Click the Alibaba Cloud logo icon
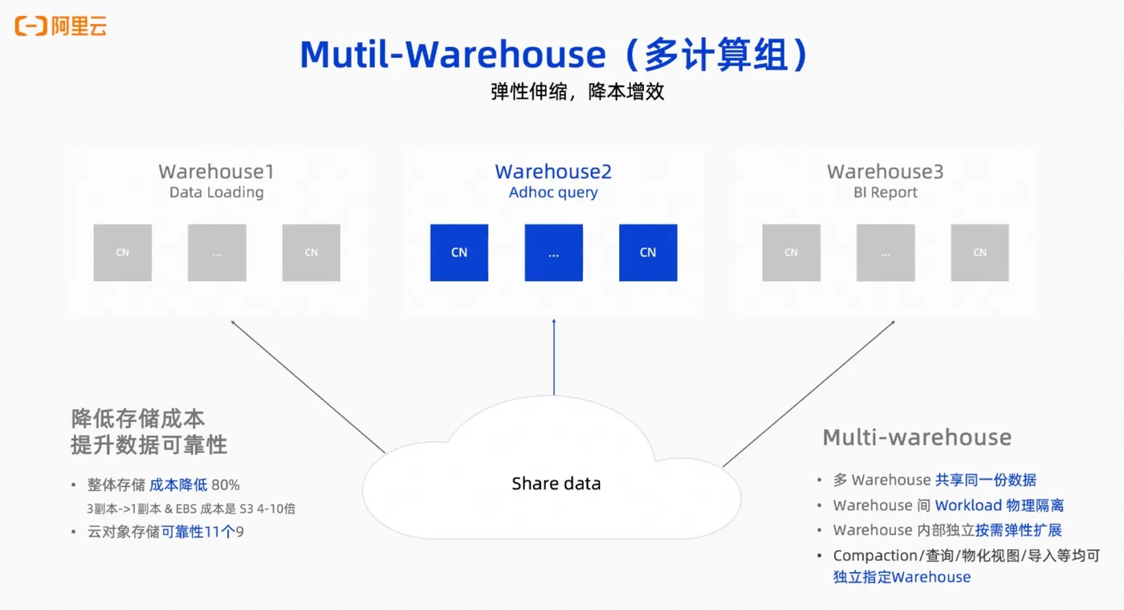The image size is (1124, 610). pos(31,27)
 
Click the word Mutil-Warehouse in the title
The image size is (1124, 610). pos(453,55)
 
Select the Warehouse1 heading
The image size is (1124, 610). pos(216,171)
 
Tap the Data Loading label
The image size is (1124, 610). pos(216,192)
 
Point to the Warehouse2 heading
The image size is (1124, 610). pos(553,171)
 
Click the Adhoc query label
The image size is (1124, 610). pos(553,192)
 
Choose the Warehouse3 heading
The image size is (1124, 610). pos(885,171)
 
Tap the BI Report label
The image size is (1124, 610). pos(885,192)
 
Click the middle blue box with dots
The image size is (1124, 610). pos(553,252)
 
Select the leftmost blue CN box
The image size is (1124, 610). pos(459,252)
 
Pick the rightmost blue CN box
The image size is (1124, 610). pos(648,252)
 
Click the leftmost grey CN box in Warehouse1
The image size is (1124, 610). pos(122,252)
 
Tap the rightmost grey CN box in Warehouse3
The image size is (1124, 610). pos(979,252)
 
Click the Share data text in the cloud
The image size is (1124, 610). pos(556,483)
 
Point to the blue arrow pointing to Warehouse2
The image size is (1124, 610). pos(554,358)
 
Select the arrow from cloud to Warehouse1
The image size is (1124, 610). pos(308,387)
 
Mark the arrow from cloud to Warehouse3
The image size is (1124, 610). pos(808,394)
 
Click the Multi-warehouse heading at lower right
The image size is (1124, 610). pos(917,437)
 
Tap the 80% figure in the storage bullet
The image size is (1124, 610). pos(226,485)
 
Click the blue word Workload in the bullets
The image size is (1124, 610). pos(968,505)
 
